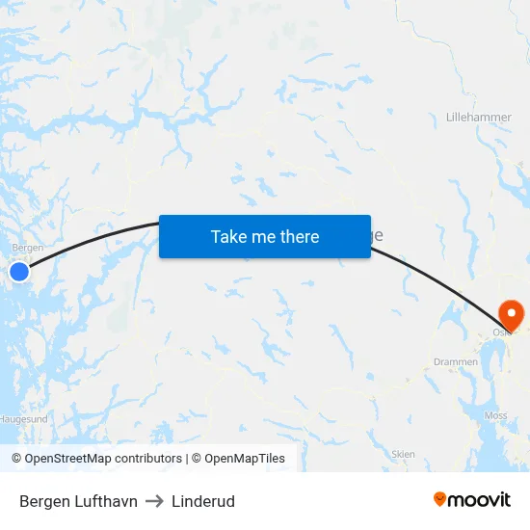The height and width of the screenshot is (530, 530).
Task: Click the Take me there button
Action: (265, 236)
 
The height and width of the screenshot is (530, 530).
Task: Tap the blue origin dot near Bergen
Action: (19, 273)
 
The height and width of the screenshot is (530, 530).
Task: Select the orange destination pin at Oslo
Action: (509, 313)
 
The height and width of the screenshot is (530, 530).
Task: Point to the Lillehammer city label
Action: (479, 118)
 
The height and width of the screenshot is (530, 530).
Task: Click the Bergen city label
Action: (28, 248)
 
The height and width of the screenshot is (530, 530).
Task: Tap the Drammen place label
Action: (456, 362)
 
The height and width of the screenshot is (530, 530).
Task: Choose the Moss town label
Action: (496, 415)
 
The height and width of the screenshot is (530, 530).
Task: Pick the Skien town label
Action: (404, 453)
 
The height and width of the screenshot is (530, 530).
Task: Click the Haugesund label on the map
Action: (23, 420)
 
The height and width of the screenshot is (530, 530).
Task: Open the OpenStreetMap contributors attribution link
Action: (103, 459)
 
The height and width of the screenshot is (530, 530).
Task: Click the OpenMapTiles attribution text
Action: (245, 459)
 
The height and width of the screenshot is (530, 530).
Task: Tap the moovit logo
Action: (472, 499)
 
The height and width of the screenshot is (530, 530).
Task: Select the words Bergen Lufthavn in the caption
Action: (78, 501)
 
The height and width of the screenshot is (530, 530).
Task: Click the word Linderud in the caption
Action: (203, 501)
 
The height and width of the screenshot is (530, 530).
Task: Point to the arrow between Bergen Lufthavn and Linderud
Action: (154, 501)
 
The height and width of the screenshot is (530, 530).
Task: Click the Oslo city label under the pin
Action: (501, 331)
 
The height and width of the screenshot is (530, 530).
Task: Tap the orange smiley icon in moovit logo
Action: (440, 499)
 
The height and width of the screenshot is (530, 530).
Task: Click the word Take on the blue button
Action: (228, 236)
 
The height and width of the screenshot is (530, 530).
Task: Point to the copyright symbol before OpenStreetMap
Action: (17, 459)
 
